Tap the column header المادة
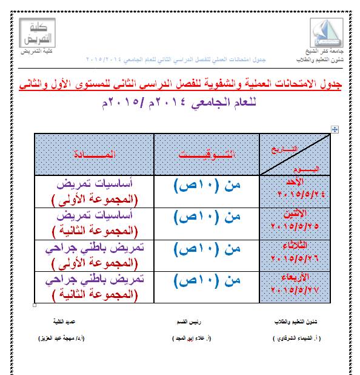point(95,155)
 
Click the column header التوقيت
point(207,155)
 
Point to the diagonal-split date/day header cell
point(295,155)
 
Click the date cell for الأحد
point(295,190)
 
